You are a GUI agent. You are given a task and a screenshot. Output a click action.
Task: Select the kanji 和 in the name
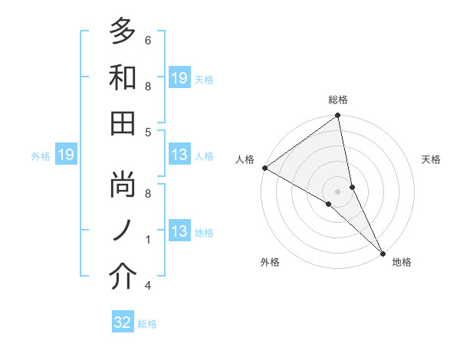123,77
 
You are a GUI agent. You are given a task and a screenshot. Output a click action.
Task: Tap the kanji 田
123,123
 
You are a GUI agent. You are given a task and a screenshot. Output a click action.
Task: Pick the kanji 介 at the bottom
123,276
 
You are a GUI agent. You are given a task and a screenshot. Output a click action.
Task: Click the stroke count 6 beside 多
147,40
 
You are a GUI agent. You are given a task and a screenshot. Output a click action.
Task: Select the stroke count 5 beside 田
147,132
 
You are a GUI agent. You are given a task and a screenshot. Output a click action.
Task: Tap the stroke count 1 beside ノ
147,240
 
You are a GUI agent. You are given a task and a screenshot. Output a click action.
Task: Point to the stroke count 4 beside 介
147,286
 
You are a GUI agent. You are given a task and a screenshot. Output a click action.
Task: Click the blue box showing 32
123,322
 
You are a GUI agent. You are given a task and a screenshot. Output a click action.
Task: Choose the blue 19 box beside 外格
65,155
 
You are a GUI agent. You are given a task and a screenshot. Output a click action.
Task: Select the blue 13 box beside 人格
179,155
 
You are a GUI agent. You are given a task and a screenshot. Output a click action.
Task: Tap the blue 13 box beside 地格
179,231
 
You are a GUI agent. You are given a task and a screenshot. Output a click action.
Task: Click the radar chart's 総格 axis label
338,100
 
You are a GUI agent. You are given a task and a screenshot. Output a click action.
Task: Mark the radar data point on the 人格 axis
264,168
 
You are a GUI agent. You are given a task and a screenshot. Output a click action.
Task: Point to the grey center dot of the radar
338,191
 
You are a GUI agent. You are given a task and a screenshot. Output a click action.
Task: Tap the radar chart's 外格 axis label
270,263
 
